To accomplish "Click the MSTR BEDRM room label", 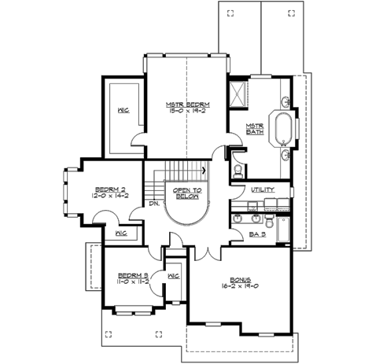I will pos(185,104).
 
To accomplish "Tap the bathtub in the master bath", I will pos(281,128).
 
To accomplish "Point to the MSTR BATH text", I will pos(254,128).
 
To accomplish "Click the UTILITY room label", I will pos(263,190).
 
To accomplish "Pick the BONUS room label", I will pos(240,279).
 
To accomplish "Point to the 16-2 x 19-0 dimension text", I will pos(240,287).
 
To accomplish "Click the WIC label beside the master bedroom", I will pos(123,110).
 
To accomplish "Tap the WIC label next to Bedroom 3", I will pos(174,275).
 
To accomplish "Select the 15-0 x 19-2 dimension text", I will pos(185,112).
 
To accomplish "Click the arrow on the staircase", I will pos(204,168).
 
